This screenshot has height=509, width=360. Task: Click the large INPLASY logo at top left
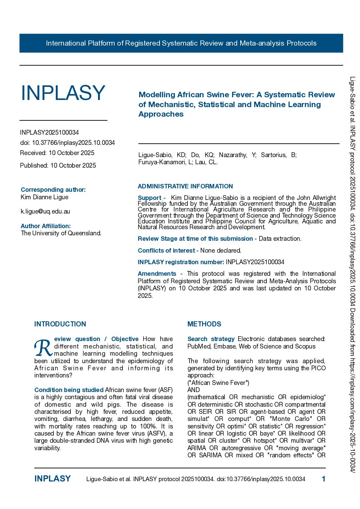(63, 93)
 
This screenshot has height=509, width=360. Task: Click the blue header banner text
(181, 43)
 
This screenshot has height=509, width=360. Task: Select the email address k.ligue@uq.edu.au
(45, 211)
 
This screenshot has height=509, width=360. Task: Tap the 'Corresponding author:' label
(53, 190)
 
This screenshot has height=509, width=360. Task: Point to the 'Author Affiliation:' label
(46, 226)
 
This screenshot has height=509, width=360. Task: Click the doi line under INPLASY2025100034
(67, 143)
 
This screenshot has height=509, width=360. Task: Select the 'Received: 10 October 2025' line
(57, 153)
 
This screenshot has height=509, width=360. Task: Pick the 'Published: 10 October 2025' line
(58, 166)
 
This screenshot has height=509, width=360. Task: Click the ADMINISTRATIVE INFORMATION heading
(185, 186)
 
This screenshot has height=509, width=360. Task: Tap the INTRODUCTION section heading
(60, 324)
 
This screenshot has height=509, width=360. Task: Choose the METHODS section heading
(204, 324)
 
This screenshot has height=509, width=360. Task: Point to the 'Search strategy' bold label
(211, 339)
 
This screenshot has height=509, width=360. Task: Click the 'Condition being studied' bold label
(69, 390)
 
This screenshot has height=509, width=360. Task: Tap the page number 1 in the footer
(323, 479)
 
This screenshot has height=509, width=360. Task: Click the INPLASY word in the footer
(52, 479)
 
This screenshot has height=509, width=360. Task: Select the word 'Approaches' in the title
(161, 114)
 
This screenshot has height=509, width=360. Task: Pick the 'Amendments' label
(157, 274)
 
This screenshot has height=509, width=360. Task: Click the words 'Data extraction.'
(280, 239)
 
